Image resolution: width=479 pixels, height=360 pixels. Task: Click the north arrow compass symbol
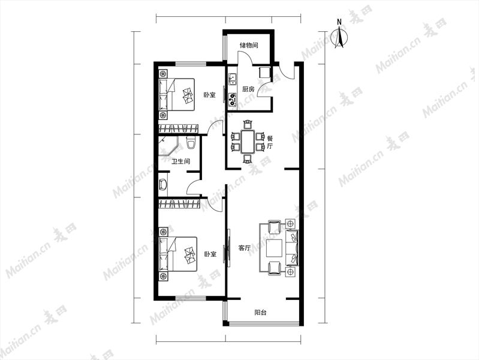coord(339,35)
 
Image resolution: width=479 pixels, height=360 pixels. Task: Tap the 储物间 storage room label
coord(249,45)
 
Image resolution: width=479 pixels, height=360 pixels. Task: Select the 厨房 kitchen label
coord(248,89)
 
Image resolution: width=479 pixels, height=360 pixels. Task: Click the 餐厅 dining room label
coord(270,142)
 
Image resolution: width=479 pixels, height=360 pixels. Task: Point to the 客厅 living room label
coord(244,248)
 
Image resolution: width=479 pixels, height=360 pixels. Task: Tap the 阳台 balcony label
coord(260,313)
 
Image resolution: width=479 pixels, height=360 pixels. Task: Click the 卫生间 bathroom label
coord(180,161)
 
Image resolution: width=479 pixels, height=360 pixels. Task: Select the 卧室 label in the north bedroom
coord(210,95)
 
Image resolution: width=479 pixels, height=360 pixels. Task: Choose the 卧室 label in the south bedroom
coord(210,254)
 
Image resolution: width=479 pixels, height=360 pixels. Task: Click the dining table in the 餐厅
coord(248,142)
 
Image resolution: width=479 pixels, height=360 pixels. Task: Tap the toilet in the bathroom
coord(191,143)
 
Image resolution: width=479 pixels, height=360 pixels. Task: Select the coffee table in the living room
coord(275,248)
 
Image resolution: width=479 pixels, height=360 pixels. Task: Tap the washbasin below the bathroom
coord(162,185)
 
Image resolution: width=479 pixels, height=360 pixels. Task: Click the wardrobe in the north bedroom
coord(179,129)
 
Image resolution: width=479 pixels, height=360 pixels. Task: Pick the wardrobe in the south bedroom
coord(179,204)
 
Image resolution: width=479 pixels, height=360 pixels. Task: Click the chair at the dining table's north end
coord(248,124)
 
